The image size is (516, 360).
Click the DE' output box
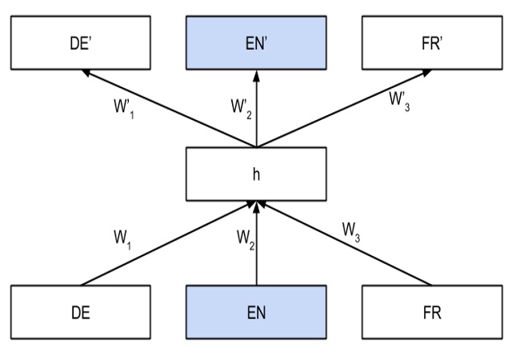click(x=80, y=43)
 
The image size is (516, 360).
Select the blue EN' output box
click(x=256, y=43)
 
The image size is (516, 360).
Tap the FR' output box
click(x=432, y=43)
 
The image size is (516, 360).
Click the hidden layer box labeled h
click(x=256, y=174)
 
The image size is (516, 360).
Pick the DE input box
click(x=80, y=311)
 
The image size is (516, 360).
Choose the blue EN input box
click(x=256, y=311)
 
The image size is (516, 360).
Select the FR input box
click(x=432, y=311)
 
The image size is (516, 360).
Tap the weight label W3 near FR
click(x=353, y=231)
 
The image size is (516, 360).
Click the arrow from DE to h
click(x=168, y=244)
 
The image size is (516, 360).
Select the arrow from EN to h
click(x=256, y=256)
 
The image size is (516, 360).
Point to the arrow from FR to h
click(x=344, y=244)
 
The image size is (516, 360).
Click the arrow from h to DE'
click(x=168, y=109)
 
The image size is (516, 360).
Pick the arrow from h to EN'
click(x=256, y=112)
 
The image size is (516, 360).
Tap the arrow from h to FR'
click(x=344, y=109)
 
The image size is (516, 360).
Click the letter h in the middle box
click(x=256, y=174)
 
